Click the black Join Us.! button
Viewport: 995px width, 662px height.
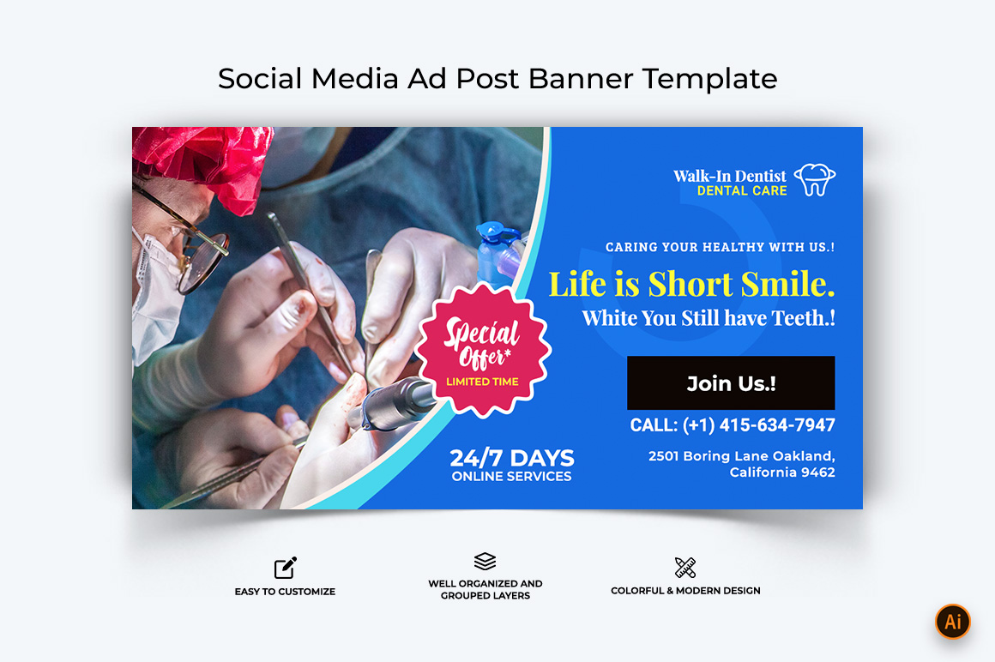(x=731, y=383)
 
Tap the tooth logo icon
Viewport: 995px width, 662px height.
(x=816, y=179)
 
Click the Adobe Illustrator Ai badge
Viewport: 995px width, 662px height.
(x=952, y=622)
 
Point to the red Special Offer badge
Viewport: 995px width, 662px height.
(x=483, y=350)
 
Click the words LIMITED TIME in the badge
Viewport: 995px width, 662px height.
(x=482, y=382)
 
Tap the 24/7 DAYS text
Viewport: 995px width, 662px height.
(x=511, y=458)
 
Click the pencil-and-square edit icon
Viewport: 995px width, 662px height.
(x=286, y=568)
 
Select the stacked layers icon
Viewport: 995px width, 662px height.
(x=485, y=561)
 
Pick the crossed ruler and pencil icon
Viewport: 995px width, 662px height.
(x=685, y=568)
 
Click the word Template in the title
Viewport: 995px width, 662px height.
(x=709, y=79)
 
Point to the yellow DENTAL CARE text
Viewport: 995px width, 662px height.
(x=742, y=191)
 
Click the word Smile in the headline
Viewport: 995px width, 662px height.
(x=787, y=284)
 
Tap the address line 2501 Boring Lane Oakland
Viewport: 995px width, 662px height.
(x=741, y=456)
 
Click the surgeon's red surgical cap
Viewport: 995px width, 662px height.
(x=203, y=164)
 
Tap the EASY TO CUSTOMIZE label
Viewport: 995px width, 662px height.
(x=285, y=592)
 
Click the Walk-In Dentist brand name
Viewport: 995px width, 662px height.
(x=730, y=176)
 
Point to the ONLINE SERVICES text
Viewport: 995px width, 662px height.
(x=511, y=476)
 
